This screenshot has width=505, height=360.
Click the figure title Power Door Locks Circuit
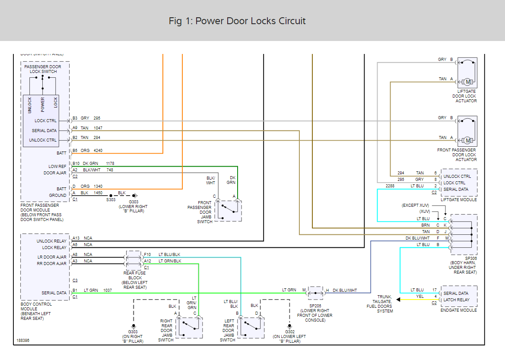coord(237,21)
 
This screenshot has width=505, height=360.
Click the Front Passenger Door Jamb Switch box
coord(228,211)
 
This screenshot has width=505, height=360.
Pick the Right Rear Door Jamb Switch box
coord(189,328)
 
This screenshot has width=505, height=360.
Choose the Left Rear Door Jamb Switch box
coord(251,328)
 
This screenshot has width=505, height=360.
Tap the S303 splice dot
coord(111,196)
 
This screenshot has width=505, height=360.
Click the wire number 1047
coord(98,128)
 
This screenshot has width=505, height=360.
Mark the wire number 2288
coord(390,186)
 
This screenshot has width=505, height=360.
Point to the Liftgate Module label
coord(459,200)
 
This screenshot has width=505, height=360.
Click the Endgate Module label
coord(459,310)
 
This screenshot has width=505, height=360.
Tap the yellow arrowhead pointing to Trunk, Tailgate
coord(398,300)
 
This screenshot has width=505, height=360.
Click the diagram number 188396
coord(23,340)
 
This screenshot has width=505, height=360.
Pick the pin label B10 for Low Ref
coord(76,163)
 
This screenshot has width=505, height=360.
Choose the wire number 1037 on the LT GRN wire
coord(107,290)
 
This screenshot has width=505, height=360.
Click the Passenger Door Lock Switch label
coord(43,69)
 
